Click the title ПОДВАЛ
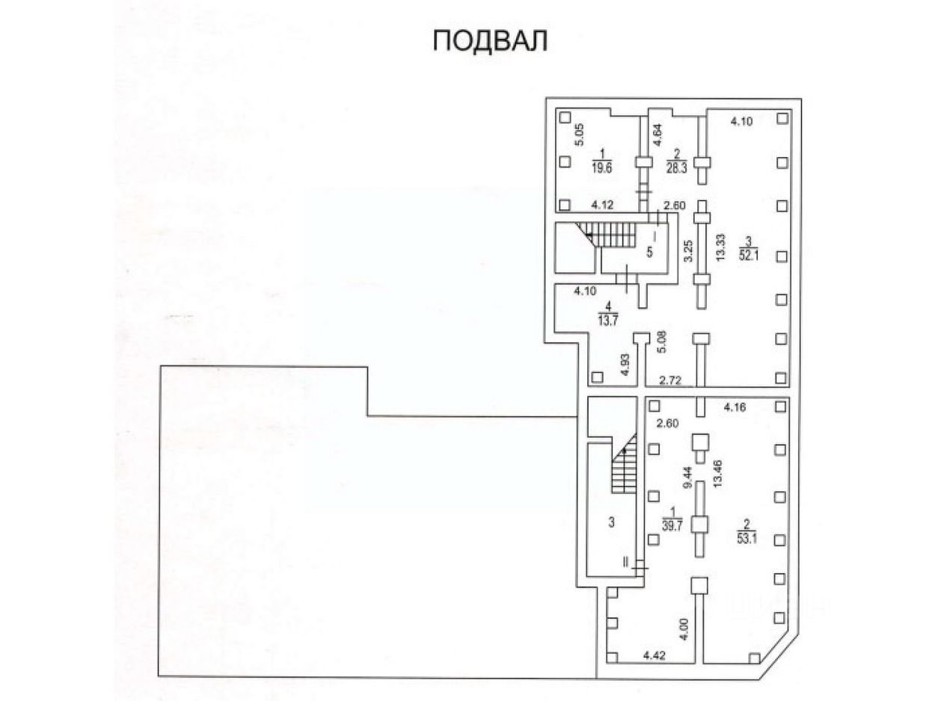click(490, 40)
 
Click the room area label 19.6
click(601, 168)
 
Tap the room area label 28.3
click(676, 168)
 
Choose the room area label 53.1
click(744, 537)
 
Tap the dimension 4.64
click(657, 132)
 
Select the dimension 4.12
click(603, 204)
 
